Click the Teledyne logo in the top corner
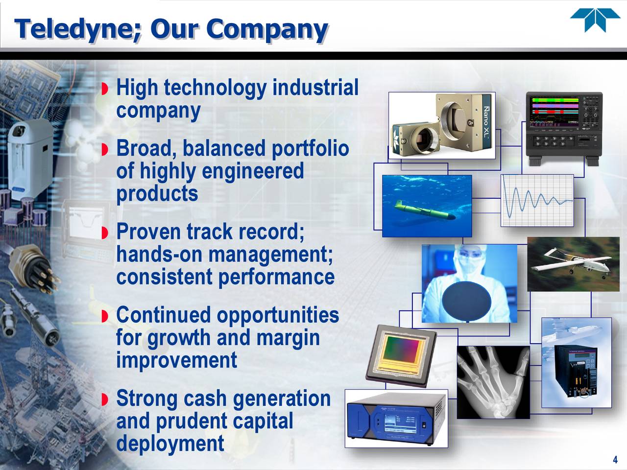tap(595, 21)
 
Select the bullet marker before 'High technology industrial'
tap(105, 89)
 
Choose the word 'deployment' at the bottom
tap(170, 444)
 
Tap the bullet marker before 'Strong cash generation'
tap(105, 400)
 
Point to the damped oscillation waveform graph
tap(537, 200)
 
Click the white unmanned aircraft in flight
tap(572, 264)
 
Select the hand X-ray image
tap(493, 382)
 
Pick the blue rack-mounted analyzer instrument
tap(396, 419)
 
